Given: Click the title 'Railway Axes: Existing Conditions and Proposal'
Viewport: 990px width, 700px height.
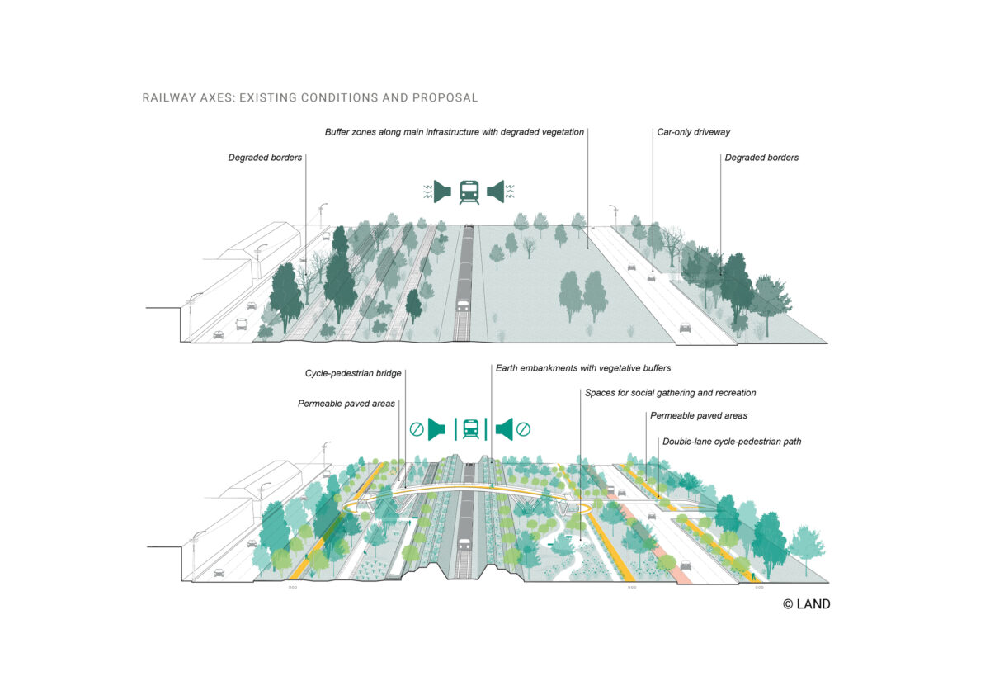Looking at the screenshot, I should [310, 97].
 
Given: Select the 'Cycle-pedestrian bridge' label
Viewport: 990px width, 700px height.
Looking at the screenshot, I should [353, 373].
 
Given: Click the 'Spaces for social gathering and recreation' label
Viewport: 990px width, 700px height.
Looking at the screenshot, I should [670, 393].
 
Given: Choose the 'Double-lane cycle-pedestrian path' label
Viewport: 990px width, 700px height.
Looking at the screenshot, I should [732, 442].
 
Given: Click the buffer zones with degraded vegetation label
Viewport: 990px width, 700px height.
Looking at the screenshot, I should [455, 132].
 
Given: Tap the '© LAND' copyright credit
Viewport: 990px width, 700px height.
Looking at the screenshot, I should [806, 604].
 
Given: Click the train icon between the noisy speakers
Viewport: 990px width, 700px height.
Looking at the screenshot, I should [469, 192].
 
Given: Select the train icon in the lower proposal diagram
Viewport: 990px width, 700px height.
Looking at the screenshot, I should [470, 428].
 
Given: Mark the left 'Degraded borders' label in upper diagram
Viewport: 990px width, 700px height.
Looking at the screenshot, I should [265, 157].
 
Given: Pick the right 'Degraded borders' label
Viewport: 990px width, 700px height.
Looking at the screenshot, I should [761, 158].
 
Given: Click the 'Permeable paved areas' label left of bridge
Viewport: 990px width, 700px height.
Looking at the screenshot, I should [346, 404].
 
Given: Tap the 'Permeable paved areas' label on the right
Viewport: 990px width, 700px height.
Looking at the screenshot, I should [699, 415].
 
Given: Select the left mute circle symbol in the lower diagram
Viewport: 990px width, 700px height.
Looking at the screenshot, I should [417, 429].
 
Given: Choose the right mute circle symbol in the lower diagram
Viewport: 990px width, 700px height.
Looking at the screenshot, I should [523, 429].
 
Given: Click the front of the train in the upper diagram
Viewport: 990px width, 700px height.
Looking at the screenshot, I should [464, 306].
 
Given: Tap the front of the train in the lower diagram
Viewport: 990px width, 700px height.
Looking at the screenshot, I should [464, 545].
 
